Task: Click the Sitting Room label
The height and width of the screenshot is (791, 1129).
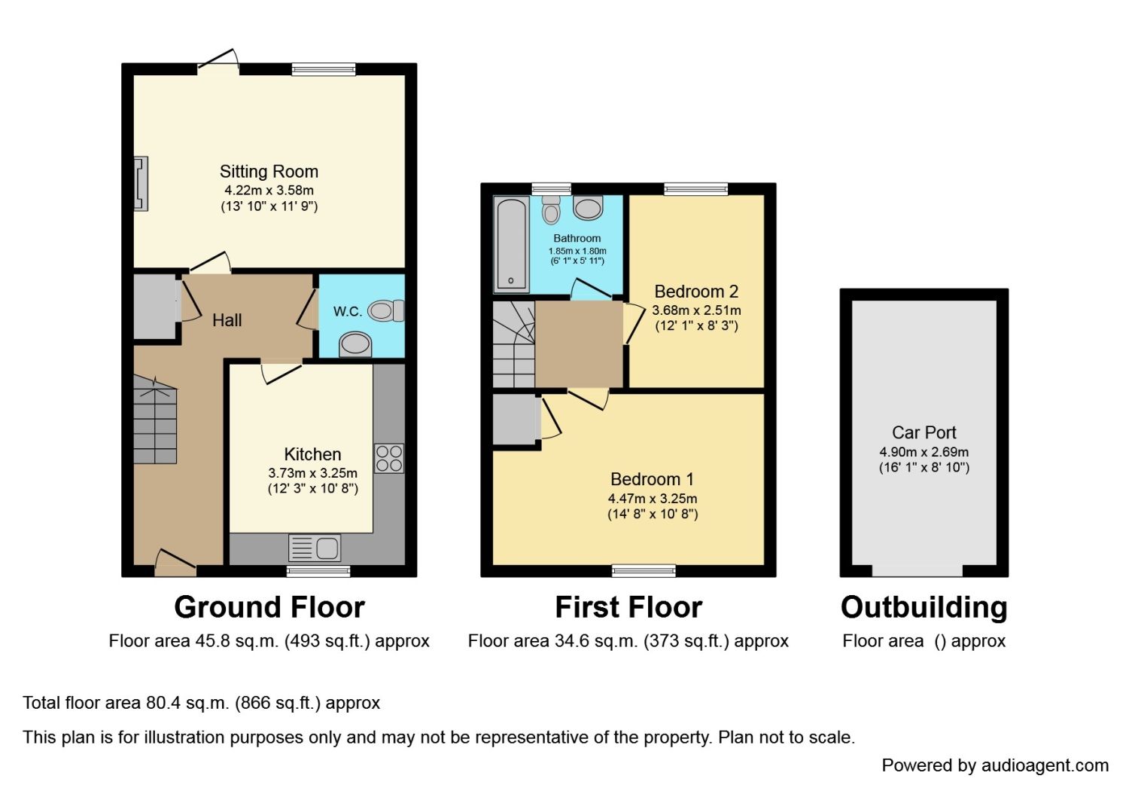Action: (269, 172)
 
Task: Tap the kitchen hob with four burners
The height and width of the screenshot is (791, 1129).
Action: (389, 458)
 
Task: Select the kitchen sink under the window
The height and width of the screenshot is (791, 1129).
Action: (315, 548)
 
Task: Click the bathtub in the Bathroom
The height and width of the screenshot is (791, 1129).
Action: (511, 243)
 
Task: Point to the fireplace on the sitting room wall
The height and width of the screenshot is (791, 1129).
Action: (140, 183)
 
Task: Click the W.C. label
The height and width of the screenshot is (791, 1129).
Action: (348, 311)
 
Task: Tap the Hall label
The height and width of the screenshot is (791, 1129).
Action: (227, 320)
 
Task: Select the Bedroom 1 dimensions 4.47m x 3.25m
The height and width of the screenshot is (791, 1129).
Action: (653, 499)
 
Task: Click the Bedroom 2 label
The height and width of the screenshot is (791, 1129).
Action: (696, 292)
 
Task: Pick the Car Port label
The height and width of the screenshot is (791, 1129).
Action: (924, 432)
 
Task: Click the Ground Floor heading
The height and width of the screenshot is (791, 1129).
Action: (269, 607)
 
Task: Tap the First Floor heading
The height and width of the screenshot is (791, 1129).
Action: (628, 607)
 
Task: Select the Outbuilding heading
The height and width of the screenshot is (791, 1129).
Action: (924, 607)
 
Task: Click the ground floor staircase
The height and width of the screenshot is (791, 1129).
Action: (155, 422)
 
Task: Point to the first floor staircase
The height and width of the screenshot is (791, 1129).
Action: (513, 344)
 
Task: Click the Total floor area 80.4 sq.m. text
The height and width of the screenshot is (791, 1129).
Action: (201, 703)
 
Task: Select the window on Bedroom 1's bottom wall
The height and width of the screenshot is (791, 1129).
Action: (644, 571)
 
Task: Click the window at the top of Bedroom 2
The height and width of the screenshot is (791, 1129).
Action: (695, 189)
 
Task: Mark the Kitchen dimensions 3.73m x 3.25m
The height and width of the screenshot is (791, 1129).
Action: (312, 473)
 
